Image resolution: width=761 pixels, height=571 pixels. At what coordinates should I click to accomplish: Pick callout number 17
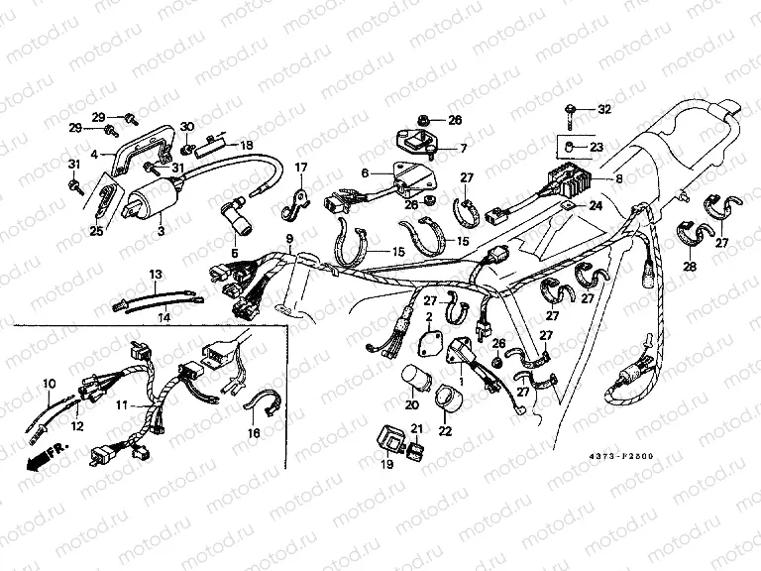[x=300, y=167]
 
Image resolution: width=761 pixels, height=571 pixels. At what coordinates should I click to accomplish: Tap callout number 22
[x=444, y=430]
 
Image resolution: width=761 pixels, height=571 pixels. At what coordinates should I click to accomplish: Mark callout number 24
[x=595, y=206]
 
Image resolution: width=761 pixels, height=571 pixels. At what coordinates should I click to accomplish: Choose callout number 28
[x=687, y=268]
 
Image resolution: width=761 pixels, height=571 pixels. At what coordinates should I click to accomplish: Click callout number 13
[x=155, y=273]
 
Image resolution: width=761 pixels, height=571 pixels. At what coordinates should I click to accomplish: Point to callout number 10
[x=48, y=383]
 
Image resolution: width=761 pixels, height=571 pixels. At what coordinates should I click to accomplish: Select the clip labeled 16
[x=262, y=406]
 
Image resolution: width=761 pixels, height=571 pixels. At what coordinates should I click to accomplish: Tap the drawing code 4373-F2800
[x=626, y=458]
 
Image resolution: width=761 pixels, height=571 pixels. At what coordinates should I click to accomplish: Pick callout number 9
[x=289, y=241]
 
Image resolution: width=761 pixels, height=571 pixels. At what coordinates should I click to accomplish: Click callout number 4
[x=95, y=155]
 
